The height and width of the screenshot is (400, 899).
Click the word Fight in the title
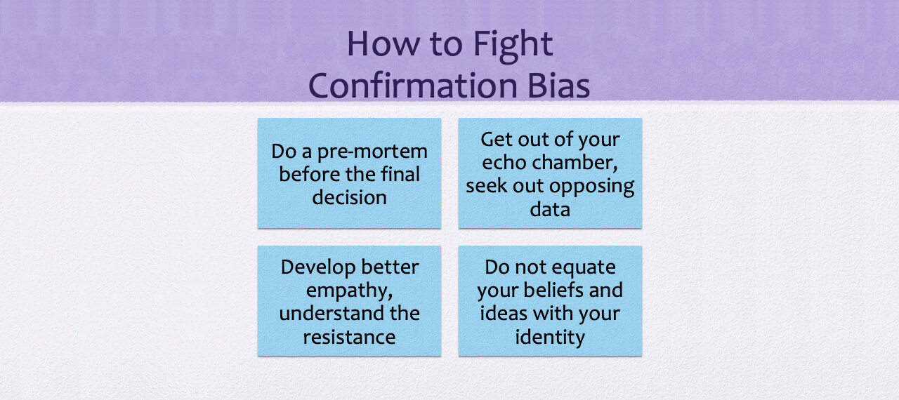[x=513, y=46]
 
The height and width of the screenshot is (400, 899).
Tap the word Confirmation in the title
[x=412, y=86]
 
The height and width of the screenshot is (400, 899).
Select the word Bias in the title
[x=558, y=86]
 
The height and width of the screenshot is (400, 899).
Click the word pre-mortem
[x=372, y=152]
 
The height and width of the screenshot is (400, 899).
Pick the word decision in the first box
[x=349, y=197]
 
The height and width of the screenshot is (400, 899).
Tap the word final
[x=400, y=174]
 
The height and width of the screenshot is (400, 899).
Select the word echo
[x=504, y=162]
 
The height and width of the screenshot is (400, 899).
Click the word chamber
[x=575, y=163]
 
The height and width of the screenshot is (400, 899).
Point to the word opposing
[x=591, y=187]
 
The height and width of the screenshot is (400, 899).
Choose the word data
[x=550, y=209]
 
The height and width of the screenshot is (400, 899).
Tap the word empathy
[x=349, y=291]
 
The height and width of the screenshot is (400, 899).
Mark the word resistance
[x=349, y=337]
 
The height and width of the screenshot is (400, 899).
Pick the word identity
[x=550, y=338]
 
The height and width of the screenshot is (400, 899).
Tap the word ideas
[x=504, y=313]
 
